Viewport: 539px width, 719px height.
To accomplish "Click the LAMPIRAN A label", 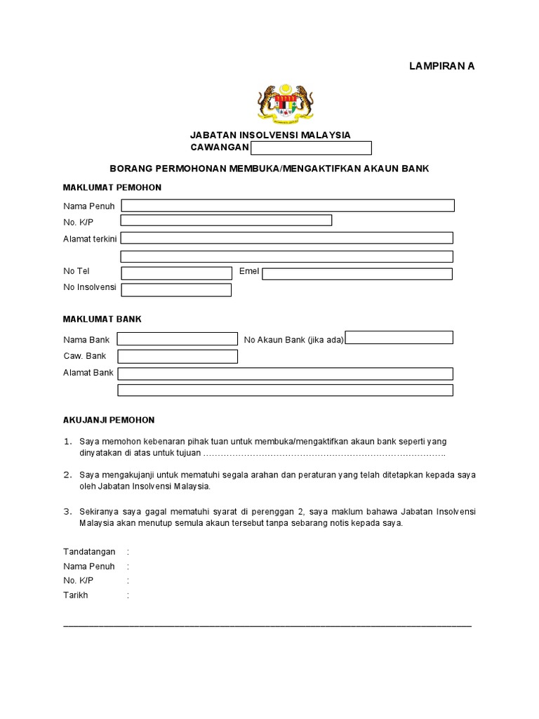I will pyautogui.click(x=442, y=66).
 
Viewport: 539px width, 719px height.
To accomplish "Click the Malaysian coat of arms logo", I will pyautogui.click(x=286, y=104).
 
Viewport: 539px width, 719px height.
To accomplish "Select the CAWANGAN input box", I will pyautogui.click(x=311, y=148).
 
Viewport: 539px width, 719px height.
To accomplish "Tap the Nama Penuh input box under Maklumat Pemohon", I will pyautogui.click(x=288, y=206).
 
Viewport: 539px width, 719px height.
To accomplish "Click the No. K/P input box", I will pyautogui.click(x=226, y=220).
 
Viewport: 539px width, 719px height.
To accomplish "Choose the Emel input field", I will pyautogui.click(x=357, y=273).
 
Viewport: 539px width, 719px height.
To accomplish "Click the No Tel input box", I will pyautogui.click(x=176, y=272).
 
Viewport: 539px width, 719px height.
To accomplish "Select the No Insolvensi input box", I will pyautogui.click(x=176, y=290).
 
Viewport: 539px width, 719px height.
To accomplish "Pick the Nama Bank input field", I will pyautogui.click(x=178, y=339).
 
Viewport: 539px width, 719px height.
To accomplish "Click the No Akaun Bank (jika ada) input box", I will pyautogui.click(x=399, y=338).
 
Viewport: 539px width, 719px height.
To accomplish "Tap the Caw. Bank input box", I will pyautogui.click(x=178, y=357).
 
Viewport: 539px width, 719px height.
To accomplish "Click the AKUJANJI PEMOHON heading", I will pyautogui.click(x=109, y=420).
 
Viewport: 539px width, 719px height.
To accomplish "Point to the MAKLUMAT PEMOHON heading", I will pyautogui.click(x=112, y=187).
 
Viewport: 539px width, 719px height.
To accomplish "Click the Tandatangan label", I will pyautogui.click(x=89, y=552).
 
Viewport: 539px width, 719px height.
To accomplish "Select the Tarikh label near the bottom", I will pyautogui.click(x=76, y=595).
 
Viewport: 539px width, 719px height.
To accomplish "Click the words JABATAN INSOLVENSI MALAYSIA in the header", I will pyautogui.click(x=271, y=135).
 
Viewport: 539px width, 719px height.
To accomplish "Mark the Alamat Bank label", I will pyautogui.click(x=88, y=373).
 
